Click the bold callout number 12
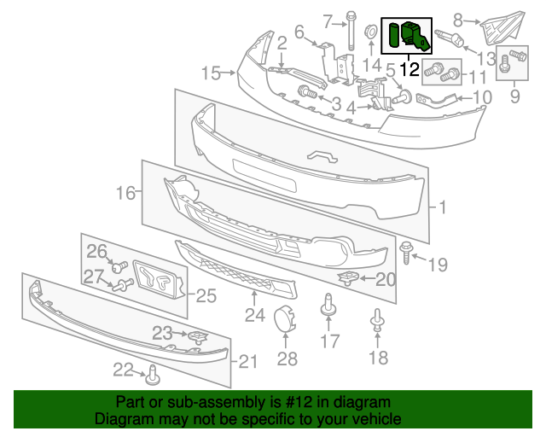pyautogui.click(x=409, y=69)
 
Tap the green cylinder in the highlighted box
pyautogui.click(x=394, y=35)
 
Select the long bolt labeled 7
pyautogui.click(x=351, y=31)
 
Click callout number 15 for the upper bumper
pyautogui.click(x=212, y=73)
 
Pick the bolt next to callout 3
pyautogui.click(x=307, y=92)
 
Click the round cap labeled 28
pyautogui.click(x=285, y=318)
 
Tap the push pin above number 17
pyautogui.click(x=328, y=305)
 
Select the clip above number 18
pyautogui.click(x=378, y=320)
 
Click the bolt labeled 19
pyautogui.click(x=406, y=253)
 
